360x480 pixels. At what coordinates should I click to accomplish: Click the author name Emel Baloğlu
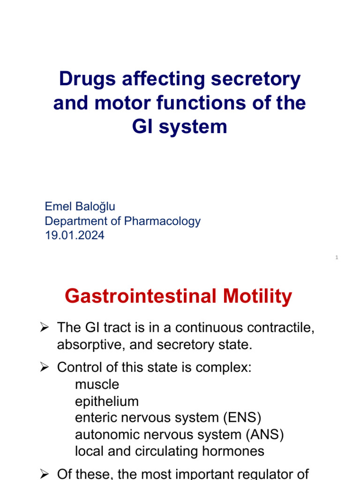tap(80, 206)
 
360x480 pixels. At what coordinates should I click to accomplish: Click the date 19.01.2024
tap(75, 235)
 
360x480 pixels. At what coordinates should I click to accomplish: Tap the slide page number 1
tap(337, 257)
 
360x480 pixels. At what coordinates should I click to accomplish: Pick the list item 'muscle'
tap(97, 384)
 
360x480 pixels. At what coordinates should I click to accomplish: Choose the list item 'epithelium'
tap(107, 401)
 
